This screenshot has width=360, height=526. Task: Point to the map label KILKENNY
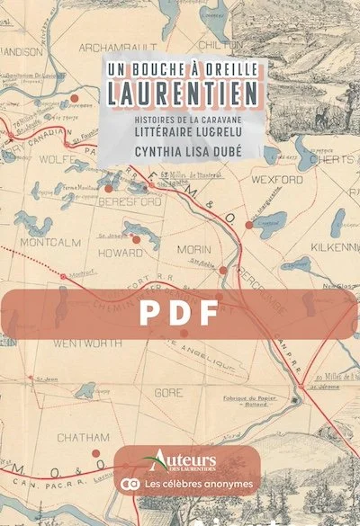(329, 245)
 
